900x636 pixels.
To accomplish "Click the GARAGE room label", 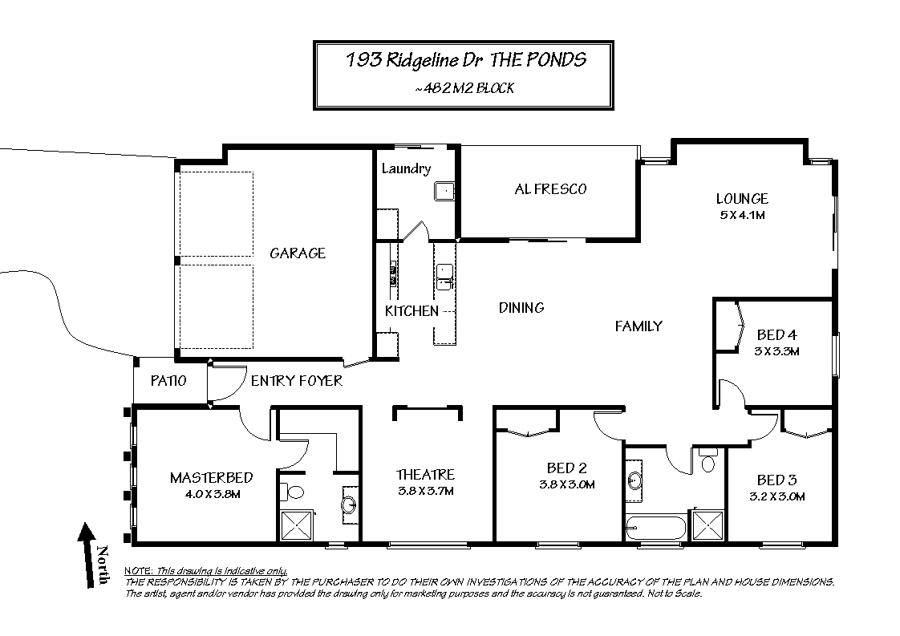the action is coord(298,253).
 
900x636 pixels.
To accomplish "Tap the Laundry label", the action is coord(407,168).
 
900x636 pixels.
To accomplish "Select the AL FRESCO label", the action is coord(550,189).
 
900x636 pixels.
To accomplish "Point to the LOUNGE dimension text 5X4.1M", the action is coord(742,215).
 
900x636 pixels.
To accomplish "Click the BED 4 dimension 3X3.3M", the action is coord(776,351).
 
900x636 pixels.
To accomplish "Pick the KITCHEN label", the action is coord(411,311).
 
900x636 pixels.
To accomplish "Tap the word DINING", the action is coord(521,308).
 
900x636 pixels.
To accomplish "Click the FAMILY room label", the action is coord(639,326).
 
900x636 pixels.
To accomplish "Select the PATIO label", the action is coord(168,381).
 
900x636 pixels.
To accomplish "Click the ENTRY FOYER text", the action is coord(296,381).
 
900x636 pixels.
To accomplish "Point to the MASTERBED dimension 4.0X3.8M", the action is coord(212,494).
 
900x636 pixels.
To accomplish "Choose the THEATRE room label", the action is coord(425,475).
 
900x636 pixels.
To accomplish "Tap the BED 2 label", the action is coord(566,468).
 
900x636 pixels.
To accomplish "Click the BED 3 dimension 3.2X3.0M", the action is coord(776,497).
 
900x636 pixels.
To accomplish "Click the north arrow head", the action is coord(86,532).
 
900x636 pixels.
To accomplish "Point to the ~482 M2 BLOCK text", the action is coord(464,88).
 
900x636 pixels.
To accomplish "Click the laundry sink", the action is coord(444,191).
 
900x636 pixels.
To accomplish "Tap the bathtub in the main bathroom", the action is coord(655,528).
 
